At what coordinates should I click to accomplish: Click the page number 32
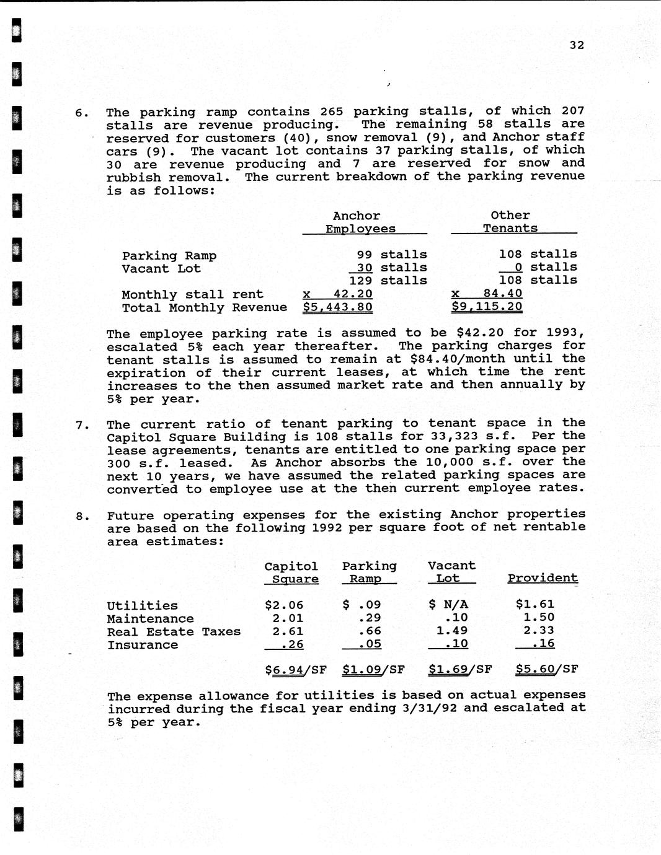(577, 45)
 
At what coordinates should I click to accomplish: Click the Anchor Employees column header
(360, 222)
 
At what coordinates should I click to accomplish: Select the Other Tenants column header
(510, 221)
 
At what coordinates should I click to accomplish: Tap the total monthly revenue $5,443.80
(337, 307)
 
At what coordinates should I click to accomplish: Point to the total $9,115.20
(487, 306)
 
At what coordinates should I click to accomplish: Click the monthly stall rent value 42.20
(353, 294)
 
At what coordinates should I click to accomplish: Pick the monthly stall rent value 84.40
(502, 293)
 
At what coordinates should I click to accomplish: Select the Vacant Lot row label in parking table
(161, 268)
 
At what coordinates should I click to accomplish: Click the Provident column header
(543, 577)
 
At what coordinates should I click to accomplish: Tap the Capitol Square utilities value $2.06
(283, 605)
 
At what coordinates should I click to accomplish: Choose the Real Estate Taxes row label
(174, 631)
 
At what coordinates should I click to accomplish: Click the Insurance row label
(143, 644)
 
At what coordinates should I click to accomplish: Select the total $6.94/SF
(295, 669)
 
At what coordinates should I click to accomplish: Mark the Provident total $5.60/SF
(546, 669)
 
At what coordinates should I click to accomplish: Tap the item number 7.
(82, 425)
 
